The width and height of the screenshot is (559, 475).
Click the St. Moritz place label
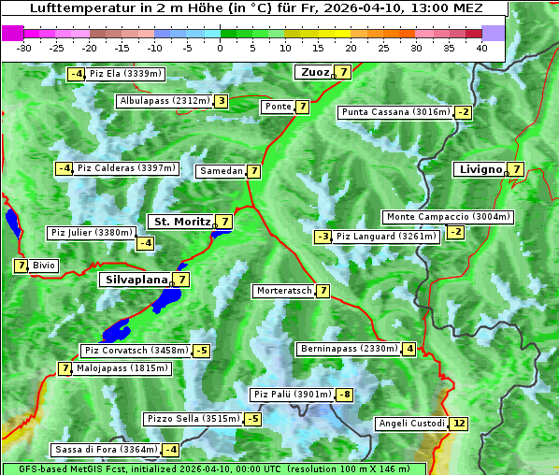pyautogui.click(x=180, y=222)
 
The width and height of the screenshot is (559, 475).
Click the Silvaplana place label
pyautogui.click(x=136, y=280)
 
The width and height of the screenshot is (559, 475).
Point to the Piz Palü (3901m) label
pyautogui.click(x=292, y=395)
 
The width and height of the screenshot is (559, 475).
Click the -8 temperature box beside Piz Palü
pyautogui.click(x=345, y=395)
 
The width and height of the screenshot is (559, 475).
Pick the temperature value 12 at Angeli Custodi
pyautogui.click(x=458, y=424)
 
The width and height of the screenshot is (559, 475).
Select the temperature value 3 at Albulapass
pyautogui.click(x=221, y=101)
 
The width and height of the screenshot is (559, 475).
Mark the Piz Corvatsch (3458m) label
pyautogui.click(x=136, y=351)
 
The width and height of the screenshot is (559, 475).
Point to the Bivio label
pyautogui.click(x=44, y=266)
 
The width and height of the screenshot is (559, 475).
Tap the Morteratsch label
pyautogui.click(x=284, y=291)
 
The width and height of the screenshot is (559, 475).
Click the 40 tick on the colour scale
pyautogui.click(x=481, y=47)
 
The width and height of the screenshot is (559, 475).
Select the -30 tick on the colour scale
pyautogui.click(x=25, y=47)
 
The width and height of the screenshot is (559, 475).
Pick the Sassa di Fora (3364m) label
pyautogui.click(x=105, y=450)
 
